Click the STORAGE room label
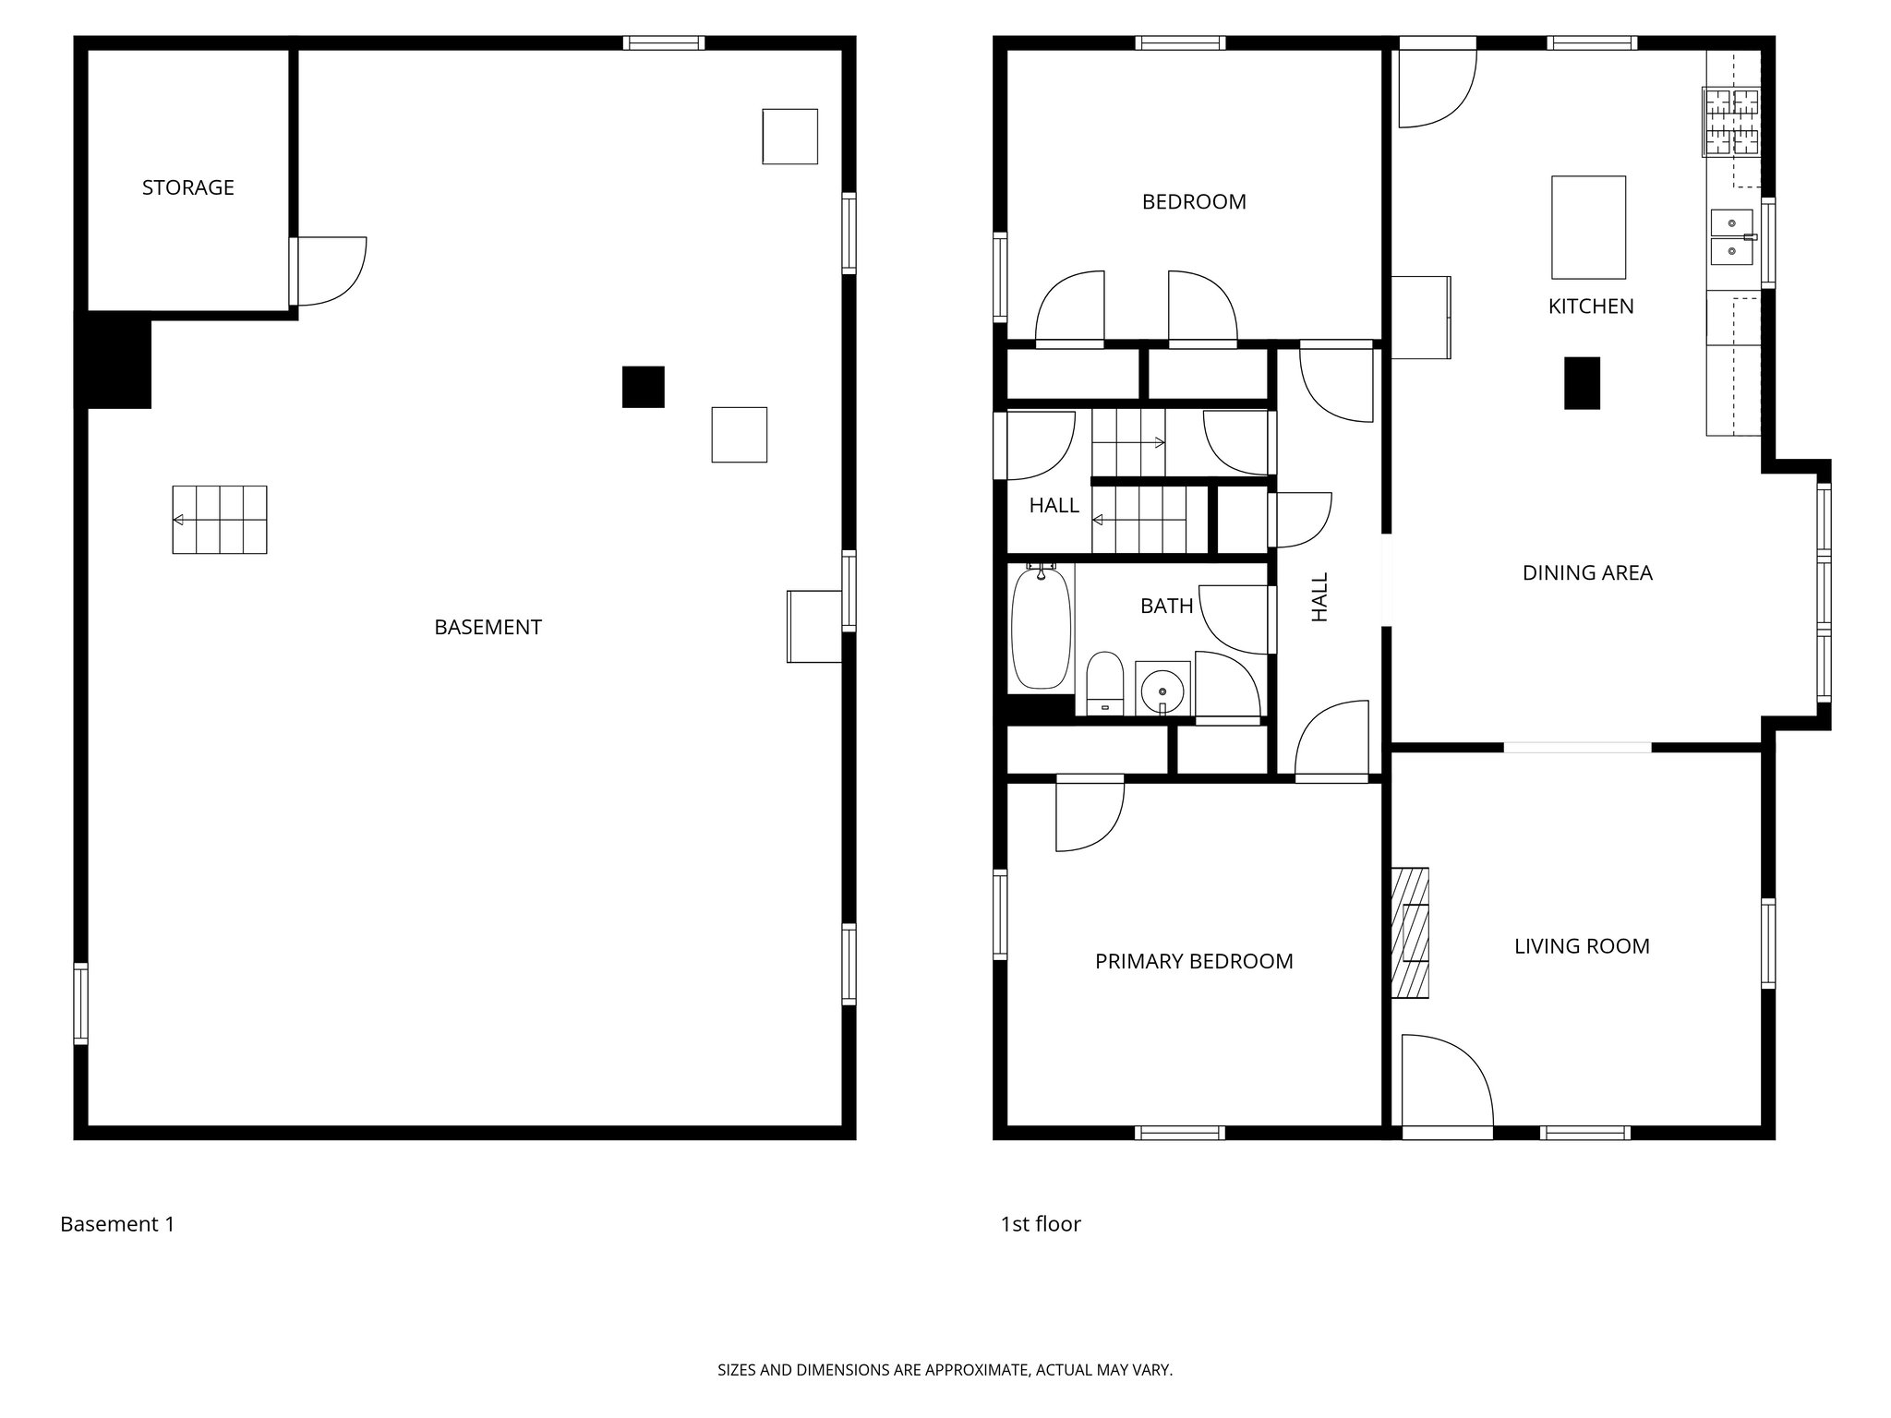coord(187,187)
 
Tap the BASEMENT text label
coord(488,627)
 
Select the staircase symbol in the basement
coord(220,520)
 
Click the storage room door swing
coord(331,270)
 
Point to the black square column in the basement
coord(643,387)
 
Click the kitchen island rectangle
coord(1588,227)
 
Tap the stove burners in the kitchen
coord(1731,122)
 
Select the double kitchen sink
coord(1731,236)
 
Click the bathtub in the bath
coord(1041,628)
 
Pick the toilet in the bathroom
coord(1104,683)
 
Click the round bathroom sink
coord(1162,689)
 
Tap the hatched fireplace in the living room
coord(1410,932)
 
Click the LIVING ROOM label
coord(1582,946)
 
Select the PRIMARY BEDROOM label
coord(1194,961)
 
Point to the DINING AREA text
coord(1587,572)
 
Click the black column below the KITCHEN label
coord(1582,383)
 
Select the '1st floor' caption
coord(1041,1224)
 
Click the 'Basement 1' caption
coord(117,1224)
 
